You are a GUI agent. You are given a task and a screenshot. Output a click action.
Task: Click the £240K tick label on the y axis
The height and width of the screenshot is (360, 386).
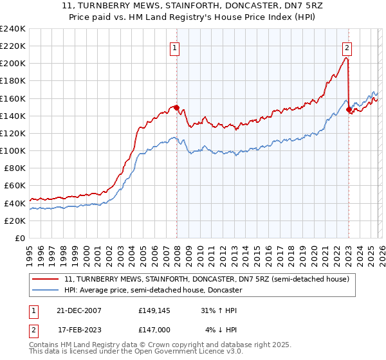coord(13,29)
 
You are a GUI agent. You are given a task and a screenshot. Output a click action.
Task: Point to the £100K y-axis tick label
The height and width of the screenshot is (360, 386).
coord(13,150)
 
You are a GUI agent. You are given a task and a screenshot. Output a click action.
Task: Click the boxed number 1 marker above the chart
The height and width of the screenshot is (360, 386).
coord(175,47)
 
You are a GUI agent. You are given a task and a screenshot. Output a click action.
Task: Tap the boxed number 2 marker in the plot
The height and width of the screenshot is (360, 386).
coord(347,47)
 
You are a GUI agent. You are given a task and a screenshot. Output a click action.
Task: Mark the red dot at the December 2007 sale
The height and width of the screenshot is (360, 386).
coord(176,108)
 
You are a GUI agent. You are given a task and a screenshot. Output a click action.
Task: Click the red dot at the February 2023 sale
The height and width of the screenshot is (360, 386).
coord(349,110)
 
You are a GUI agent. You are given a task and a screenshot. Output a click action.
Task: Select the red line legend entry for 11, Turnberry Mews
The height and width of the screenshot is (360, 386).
coord(207,279)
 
